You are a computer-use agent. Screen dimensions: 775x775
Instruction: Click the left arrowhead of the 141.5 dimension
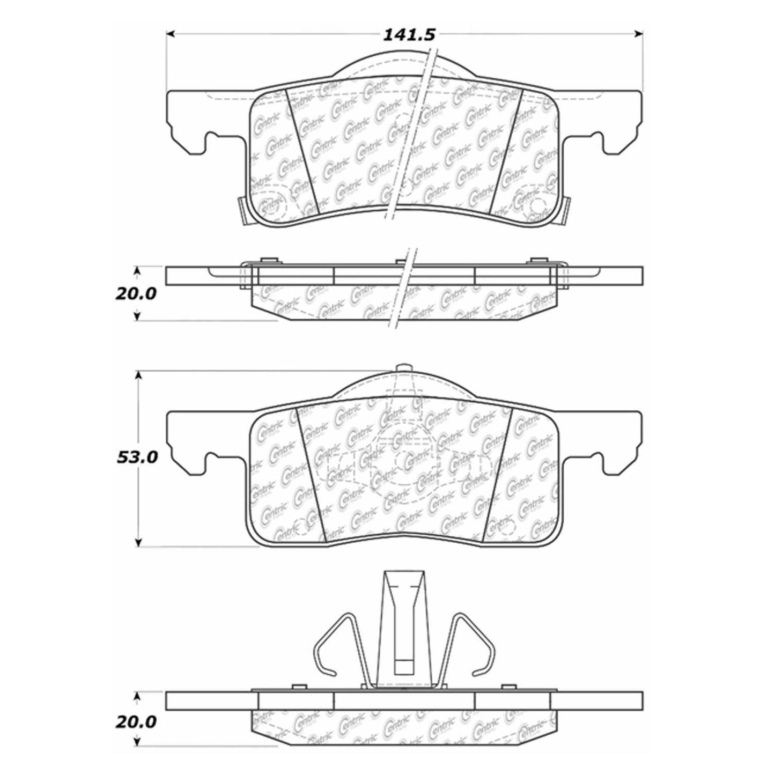171,34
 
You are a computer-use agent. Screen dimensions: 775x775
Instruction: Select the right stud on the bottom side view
505,688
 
